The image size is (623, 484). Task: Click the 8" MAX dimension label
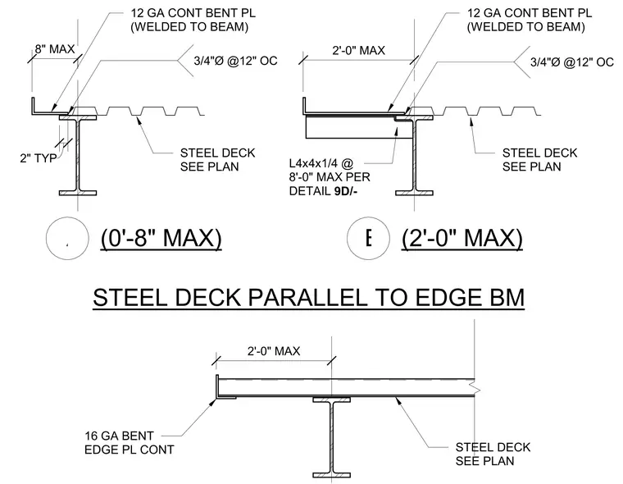(54, 49)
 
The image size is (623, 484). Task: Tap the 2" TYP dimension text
(39, 158)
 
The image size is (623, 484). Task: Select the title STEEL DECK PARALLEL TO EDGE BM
(309, 298)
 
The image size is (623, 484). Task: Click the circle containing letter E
(368, 238)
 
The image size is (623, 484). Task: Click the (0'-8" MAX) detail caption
(161, 238)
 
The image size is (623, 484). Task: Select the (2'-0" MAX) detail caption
(462, 238)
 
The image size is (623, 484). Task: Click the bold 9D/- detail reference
(346, 191)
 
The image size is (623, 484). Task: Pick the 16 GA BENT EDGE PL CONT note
(130, 443)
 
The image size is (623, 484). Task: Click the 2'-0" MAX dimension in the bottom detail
(274, 351)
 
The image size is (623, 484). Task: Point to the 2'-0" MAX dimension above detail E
(358, 51)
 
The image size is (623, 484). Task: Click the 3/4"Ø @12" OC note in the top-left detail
(235, 61)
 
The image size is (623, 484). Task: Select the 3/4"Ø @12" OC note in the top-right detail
(571, 62)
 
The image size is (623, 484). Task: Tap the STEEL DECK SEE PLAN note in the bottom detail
(493, 454)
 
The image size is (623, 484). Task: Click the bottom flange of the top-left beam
(78, 193)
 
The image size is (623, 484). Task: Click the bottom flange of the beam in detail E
(414, 193)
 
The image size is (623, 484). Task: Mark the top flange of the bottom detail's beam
(331, 400)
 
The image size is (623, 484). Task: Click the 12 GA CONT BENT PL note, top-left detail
(193, 20)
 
